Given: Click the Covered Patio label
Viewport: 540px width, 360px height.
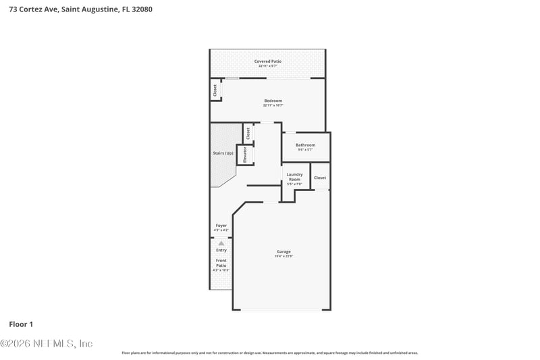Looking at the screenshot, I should (x=267, y=61).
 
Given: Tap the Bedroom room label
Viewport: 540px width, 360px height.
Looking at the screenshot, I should (x=273, y=101).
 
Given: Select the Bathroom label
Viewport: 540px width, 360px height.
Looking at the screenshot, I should (x=305, y=145).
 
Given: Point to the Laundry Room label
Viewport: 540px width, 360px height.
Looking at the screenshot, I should (x=294, y=176).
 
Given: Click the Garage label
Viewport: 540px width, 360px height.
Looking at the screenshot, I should (x=283, y=252).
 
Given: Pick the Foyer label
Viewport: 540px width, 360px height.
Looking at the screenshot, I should (x=221, y=225).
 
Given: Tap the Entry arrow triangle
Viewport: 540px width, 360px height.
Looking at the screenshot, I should (x=221, y=243).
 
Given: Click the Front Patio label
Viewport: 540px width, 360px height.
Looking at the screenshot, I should (x=221, y=263).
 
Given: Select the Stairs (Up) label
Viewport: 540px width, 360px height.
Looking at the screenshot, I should (x=223, y=153).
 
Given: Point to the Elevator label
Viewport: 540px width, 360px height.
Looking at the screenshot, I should (x=245, y=155).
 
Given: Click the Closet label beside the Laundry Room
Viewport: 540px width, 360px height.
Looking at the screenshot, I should (x=320, y=178).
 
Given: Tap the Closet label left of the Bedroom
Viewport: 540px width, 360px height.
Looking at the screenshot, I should (x=215, y=91).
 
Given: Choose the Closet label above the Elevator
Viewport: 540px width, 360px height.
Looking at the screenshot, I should (x=248, y=133).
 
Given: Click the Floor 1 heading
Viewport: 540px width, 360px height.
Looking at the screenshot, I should (x=21, y=324).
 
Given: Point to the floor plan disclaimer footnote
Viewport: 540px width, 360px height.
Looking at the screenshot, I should (x=269, y=353).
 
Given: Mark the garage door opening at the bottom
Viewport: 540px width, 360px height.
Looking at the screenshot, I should (x=281, y=310).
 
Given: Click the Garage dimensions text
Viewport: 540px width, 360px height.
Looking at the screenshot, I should (x=283, y=257).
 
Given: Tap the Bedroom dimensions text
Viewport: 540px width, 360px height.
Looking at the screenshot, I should (x=273, y=105).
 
